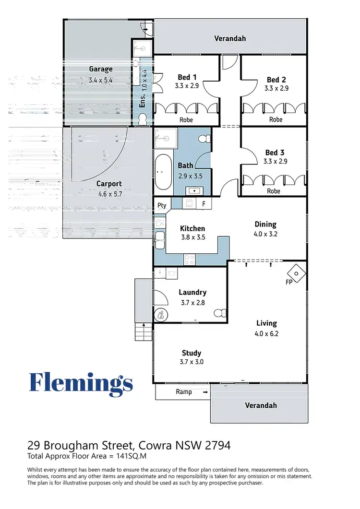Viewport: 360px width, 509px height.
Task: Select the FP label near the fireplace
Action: [x=289, y=282]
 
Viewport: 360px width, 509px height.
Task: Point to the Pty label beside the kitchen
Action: [x=162, y=205]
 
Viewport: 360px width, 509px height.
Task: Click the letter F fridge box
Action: [x=204, y=204]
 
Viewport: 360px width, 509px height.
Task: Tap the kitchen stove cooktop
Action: [x=190, y=259]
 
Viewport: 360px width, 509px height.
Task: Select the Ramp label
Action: [x=184, y=392]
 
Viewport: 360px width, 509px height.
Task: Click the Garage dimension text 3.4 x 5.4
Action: [x=100, y=81]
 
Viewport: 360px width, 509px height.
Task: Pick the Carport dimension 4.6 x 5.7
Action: [x=109, y=194]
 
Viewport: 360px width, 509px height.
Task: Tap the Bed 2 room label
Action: [x=276, y=80]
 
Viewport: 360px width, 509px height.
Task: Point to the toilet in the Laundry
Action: [x=220, y=313]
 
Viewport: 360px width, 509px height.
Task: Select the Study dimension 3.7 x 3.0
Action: [x=191, y=362]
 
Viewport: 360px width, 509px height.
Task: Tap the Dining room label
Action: [x=265, y=224]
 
